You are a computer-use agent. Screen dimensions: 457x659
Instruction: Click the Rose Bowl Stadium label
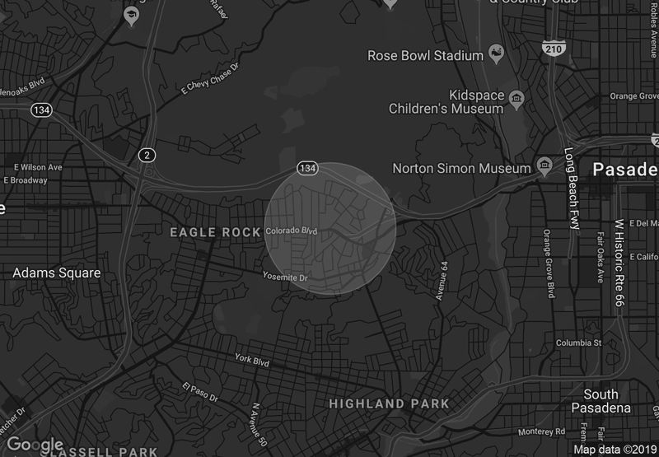(x=424, y=56)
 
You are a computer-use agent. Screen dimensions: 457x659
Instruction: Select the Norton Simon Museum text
(x=461, y=168)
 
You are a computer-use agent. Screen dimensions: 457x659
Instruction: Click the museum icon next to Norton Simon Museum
(x=544, y=167)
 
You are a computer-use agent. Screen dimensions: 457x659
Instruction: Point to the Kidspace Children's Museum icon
(x=516, y=100)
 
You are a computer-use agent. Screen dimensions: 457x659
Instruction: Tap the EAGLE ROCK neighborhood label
(x=215, y=233)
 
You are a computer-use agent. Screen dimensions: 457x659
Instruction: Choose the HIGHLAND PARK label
(x=389, y=404)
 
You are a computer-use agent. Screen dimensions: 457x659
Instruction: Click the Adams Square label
(x=57, y=273)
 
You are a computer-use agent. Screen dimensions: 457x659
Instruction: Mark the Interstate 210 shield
(x=553, y=47)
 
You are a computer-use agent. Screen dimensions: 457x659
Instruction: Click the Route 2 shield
(x=147, y=155)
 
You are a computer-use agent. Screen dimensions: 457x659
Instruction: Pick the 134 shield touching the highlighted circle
(x=307, y=168)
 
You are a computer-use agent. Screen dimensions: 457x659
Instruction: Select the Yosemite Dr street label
(x=285, y=277)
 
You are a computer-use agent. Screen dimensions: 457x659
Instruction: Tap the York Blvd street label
(x=253, y=359)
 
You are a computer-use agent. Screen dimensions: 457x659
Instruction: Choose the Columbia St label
(x=579, y=343)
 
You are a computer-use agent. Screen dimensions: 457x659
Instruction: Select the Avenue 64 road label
(x=443, y=280)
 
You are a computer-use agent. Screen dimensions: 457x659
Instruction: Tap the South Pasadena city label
(x=601, y=401)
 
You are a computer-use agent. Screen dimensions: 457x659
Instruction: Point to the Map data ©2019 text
(x=613, y=450)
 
